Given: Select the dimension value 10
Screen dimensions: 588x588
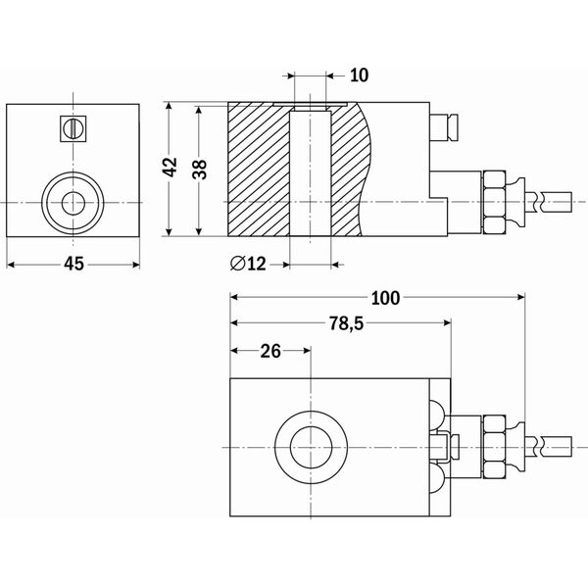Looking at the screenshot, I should [360, 74].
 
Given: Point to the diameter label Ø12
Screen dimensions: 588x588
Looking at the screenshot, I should [248, 263].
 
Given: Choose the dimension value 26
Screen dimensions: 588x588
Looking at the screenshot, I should [270, 350].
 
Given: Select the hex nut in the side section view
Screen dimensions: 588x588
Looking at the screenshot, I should [494, 202].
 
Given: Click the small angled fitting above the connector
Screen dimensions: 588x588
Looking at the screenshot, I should [443, 127].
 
